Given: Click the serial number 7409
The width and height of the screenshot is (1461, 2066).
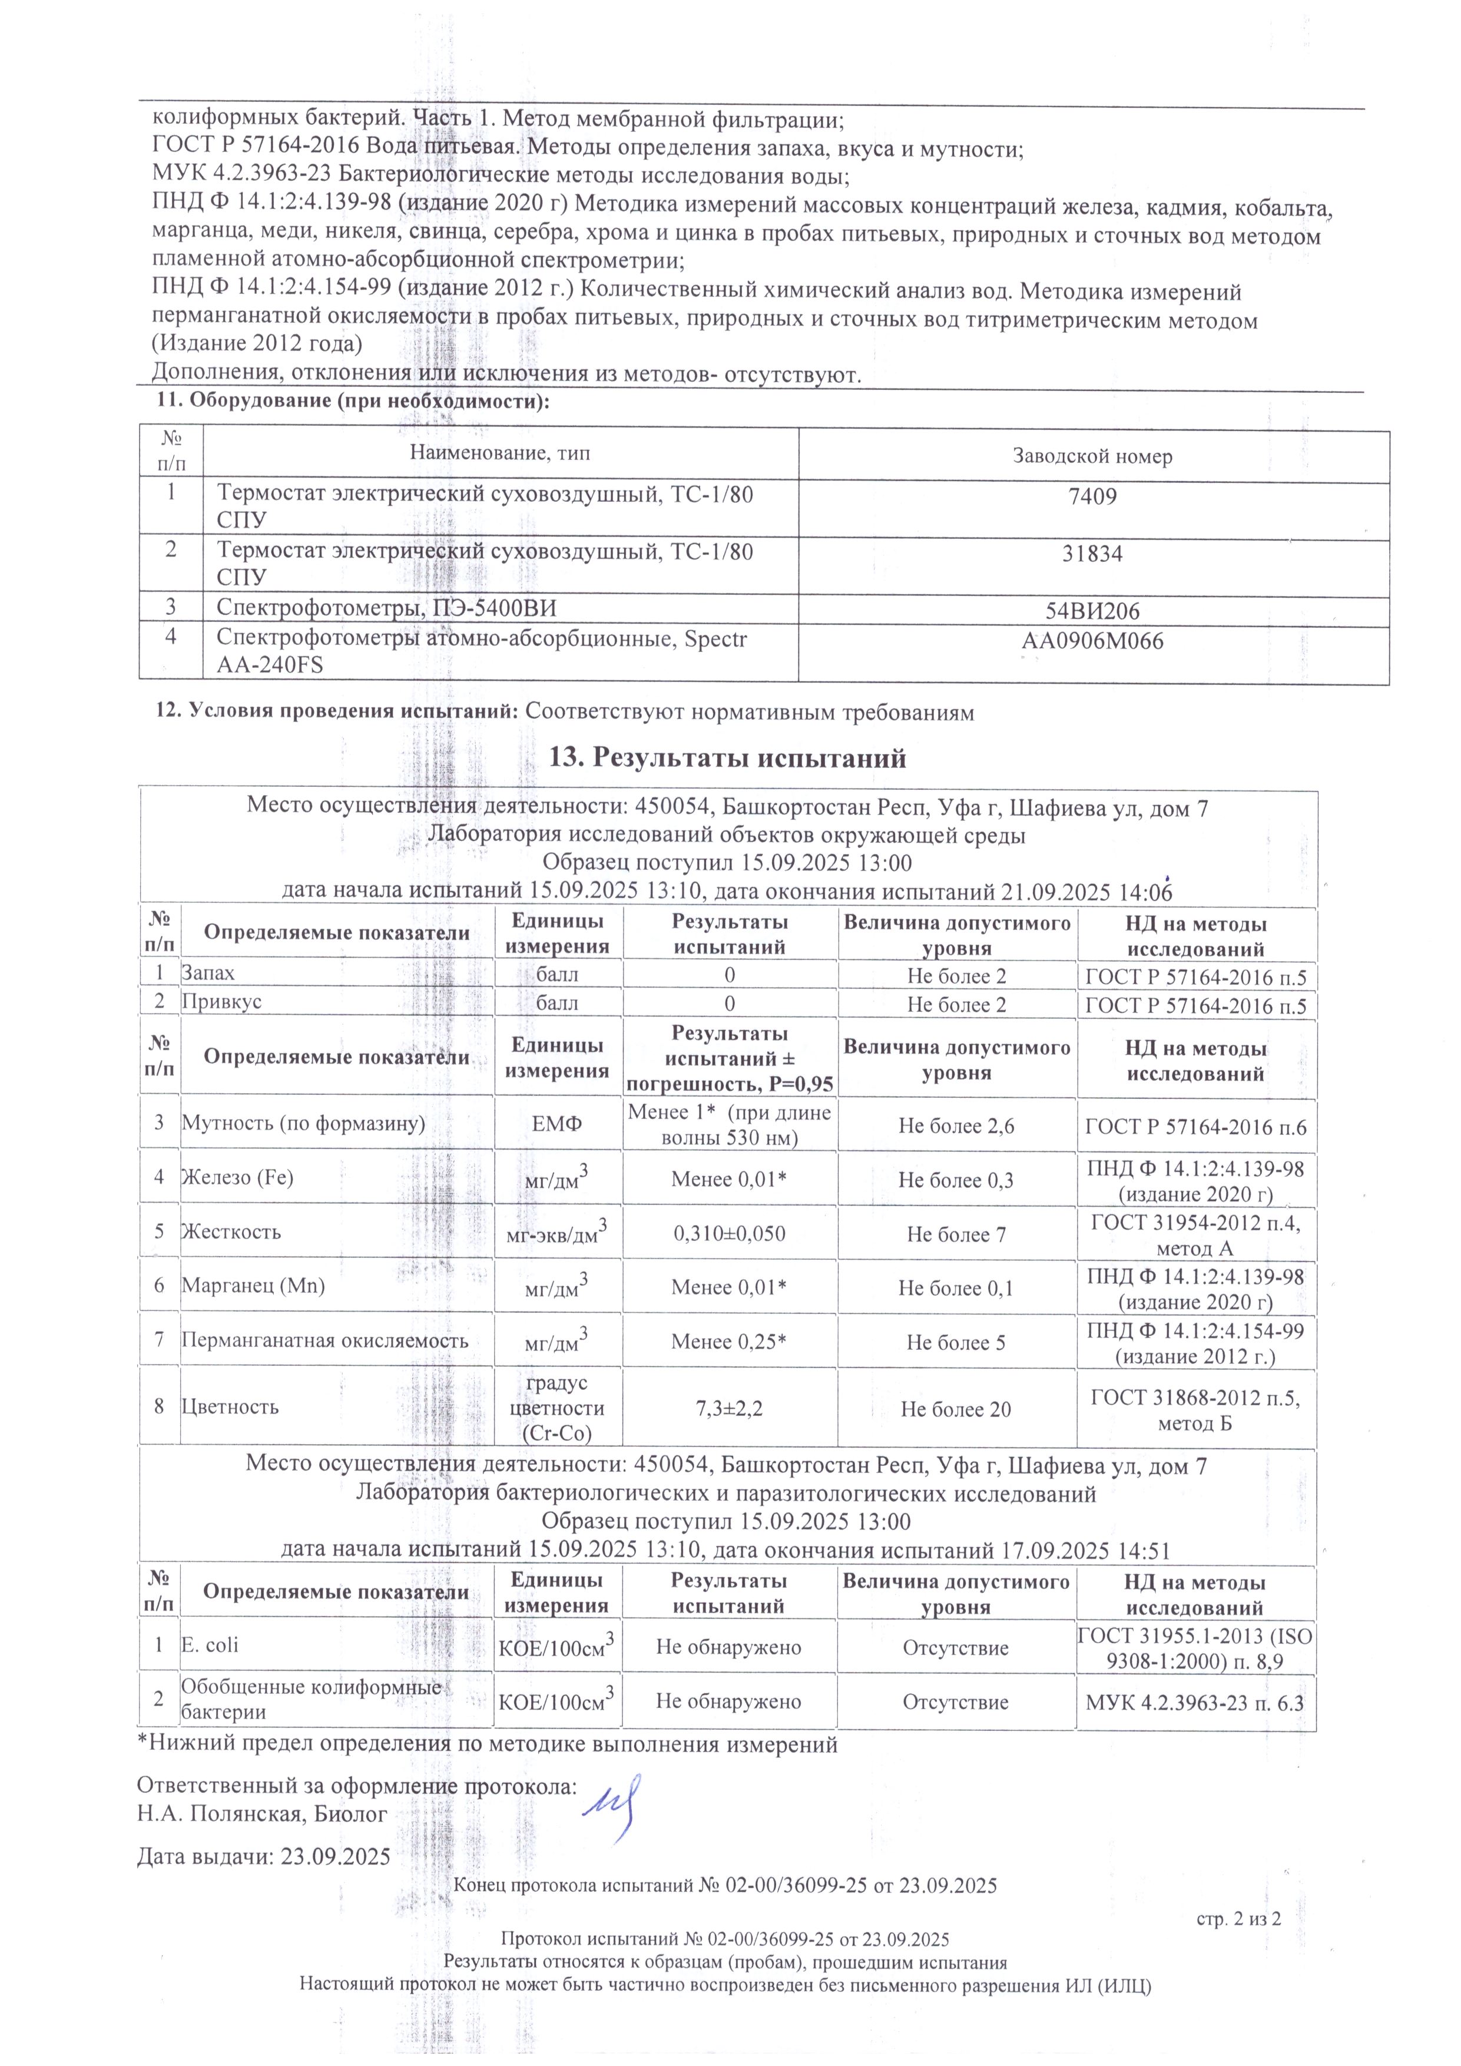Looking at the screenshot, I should pyautogui.click(x=1093, y=496).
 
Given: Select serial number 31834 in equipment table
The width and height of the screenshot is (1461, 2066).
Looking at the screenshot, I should pyautogui.click(x=1093, y=554).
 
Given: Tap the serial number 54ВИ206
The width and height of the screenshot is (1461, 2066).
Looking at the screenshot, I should pyautogui.click(x=1093, y=612).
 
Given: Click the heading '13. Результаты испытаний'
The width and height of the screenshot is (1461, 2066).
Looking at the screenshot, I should pyautogui.click(x=728, y=759).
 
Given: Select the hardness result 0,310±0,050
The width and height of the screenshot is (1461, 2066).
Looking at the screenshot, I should pyautogui.click(x=730, y=1234).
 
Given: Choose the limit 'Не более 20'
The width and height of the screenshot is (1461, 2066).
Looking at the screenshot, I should pyautogui.click(x=956, y=1410).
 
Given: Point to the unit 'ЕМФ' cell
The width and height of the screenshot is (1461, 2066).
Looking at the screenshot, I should pyautogui.click(x=557, y=1125).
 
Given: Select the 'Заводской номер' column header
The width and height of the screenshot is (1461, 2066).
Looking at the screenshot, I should pyautogui.click(x=1093, y=457).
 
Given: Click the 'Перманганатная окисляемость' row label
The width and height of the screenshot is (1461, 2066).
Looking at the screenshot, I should pyautogui.click(x=325, y=1341).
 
